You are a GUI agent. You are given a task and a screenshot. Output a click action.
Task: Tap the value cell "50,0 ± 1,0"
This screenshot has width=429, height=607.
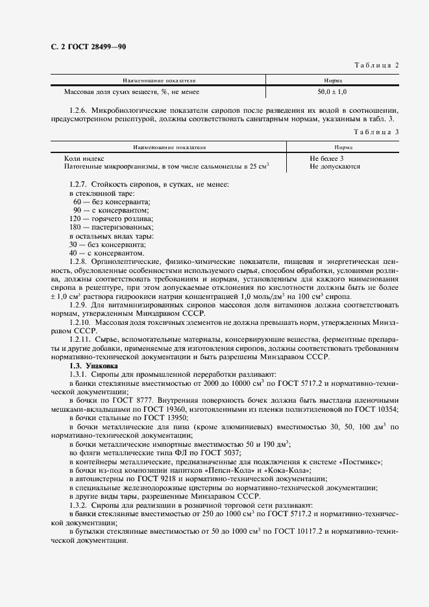[x=332, y=93]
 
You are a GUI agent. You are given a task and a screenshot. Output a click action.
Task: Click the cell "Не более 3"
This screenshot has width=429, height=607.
[x=326, y=158]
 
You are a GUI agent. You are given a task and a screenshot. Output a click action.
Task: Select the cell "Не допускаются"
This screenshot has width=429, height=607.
[x=335, y=167]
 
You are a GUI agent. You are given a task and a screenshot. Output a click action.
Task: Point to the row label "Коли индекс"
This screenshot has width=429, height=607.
[x=84, y=158]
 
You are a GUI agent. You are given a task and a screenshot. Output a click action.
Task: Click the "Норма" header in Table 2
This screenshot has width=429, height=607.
[x=333, y=81]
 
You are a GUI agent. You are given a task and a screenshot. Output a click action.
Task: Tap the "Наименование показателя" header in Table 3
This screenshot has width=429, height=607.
[x=168, y=147]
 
